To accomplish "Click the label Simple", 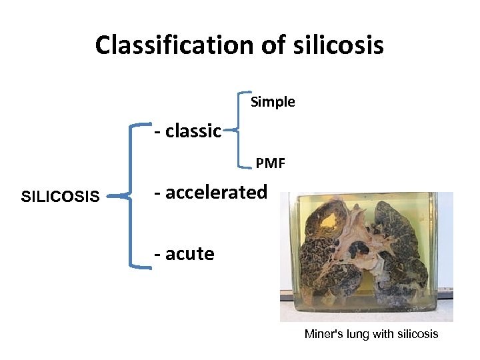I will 273,102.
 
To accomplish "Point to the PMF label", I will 271,162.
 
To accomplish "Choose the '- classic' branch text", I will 187,131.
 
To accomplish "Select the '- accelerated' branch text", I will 210,193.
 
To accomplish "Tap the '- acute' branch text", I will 184,254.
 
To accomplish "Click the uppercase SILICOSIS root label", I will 61,197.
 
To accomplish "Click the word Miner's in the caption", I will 322,334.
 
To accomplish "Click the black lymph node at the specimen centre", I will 361,250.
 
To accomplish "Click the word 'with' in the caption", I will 383,334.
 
